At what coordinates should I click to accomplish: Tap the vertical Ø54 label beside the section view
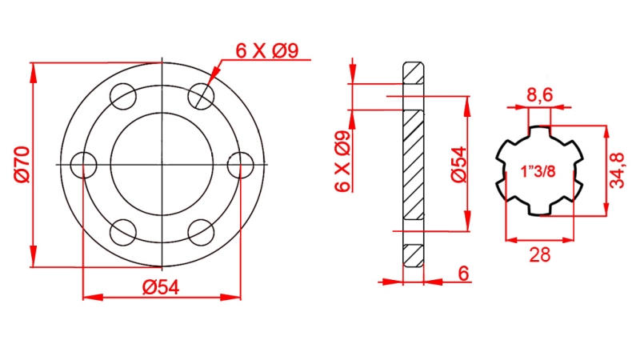point(457,165)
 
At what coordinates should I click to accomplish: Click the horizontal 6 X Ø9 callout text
point(266,51)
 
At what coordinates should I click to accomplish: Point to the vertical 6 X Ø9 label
point(342,161)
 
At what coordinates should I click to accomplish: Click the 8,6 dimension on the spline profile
point(539,96)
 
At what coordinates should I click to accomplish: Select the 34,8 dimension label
point(617,170)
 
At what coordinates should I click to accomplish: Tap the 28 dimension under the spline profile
point(540,254)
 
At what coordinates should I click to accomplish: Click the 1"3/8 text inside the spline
point(538,171)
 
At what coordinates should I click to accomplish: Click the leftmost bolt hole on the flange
point(84,165)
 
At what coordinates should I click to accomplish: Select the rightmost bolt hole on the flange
point(240,165)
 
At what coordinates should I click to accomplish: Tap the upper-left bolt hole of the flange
point(123,97)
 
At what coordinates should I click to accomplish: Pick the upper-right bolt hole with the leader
point(201,97)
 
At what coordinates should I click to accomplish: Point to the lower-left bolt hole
point(123,233)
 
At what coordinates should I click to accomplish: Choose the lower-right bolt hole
point(201,233)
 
